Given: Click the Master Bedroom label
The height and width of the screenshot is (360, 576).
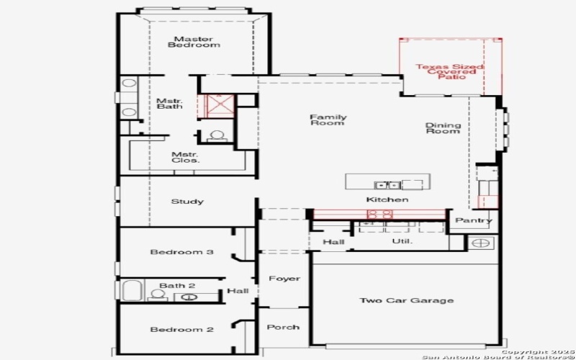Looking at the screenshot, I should [194, 42].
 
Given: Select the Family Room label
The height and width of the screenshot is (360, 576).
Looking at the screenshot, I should [328, 120].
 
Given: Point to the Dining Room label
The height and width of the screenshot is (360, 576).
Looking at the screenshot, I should [443, 128].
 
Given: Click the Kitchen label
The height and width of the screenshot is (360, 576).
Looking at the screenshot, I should [387, 199].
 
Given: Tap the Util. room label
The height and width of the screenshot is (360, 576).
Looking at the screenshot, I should [401, 241].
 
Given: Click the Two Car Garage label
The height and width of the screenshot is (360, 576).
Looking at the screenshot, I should [407, 300].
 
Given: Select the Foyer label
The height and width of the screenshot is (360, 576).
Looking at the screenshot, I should [284, 279].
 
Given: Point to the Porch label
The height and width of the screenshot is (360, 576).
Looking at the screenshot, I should [283, 327].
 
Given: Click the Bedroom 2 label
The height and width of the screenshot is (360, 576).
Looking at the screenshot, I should [181, 330].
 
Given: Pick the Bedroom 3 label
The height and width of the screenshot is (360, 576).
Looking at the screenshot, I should [181, 252].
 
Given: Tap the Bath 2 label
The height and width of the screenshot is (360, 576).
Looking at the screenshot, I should [177, 286].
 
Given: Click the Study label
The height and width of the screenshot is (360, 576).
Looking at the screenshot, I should [187, 202].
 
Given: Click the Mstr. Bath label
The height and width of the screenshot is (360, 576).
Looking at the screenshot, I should [170, 103].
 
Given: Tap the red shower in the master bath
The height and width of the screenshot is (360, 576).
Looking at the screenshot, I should [217, 105].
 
